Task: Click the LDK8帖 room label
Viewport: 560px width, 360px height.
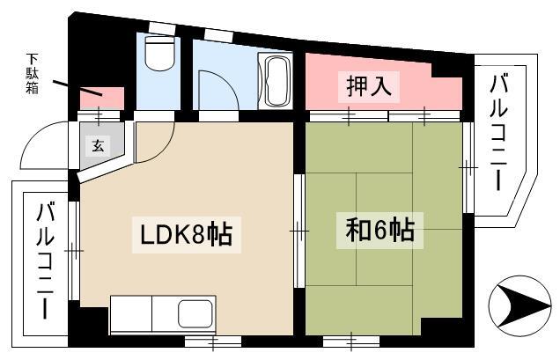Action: click(x=187, y=234)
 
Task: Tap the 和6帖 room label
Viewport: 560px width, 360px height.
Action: click(x=379, y=231)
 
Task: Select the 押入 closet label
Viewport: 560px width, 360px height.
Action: click(x=369, y=85)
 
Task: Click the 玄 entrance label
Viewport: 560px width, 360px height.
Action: click(x=98, y=145)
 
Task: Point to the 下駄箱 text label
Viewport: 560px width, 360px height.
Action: click(x=32, y=73)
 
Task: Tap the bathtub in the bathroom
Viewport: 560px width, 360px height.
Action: click(x=276, y=81)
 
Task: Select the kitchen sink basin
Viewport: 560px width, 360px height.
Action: click(x=195, y=314)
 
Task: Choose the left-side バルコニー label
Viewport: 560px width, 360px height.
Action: click(x=45, y=261)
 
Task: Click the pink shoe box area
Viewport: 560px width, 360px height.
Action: click(x=101, y=99)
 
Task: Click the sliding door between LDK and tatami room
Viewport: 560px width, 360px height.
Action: click(x=299, y=231)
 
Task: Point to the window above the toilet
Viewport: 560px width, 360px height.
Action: click(x=163, y=28)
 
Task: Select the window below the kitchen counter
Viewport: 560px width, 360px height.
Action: click(x=212, y=341)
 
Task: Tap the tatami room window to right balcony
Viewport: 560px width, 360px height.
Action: click(x=468, y=167)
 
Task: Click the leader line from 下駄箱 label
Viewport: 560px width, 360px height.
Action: click(x=77, y=88)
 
